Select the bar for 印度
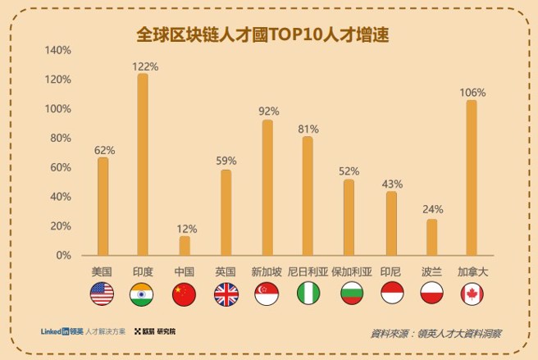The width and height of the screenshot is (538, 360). tap(143, 164)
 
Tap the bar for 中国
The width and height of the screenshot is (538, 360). tap(185, 245)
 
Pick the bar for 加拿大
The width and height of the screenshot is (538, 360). tap(471, 177)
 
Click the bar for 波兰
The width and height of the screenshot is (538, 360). tap(431, 237)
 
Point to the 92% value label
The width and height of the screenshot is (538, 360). tap(268, 111)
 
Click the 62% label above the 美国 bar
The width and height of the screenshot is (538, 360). tap(103, 150)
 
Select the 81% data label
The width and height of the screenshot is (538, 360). tap(308, 129)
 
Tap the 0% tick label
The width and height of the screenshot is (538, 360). tap(65, 256)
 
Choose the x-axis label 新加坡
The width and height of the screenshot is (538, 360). tap(267, 271)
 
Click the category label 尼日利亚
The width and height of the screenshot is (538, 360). tap(308, 271)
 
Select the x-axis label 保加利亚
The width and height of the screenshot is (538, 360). tap(351, 271)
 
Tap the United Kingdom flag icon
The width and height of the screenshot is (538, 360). tap(226, 294)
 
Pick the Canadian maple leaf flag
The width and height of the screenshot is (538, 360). tap(472, 294)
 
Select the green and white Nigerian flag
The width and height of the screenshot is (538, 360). tap(308, 294)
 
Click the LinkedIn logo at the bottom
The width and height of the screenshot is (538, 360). tap(56, 331)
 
